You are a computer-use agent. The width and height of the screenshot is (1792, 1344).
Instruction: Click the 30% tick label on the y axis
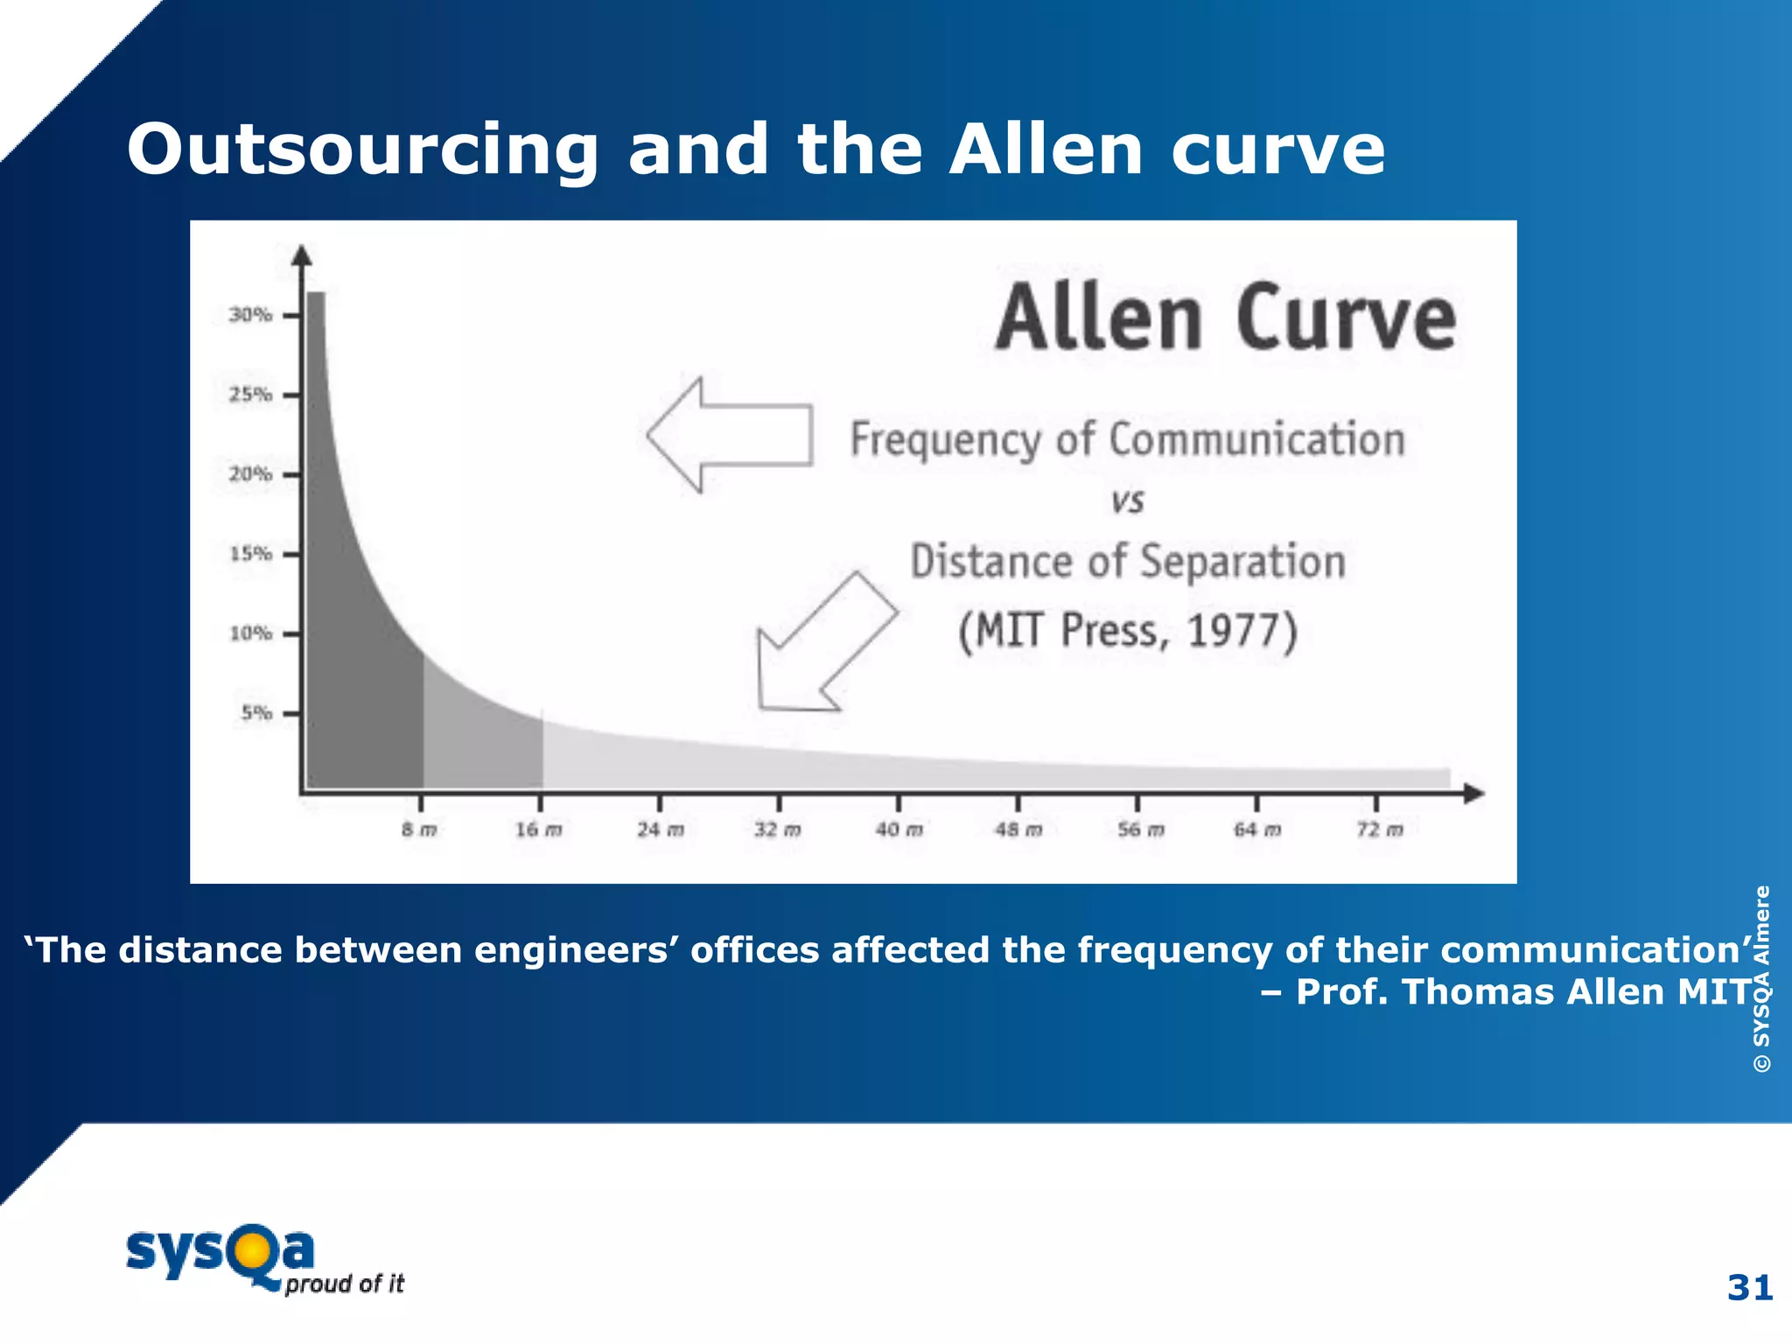pyautogui.click(x=250, y=314)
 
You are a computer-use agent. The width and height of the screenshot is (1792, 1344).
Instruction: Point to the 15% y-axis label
pyautogui.click(x=250, y=554)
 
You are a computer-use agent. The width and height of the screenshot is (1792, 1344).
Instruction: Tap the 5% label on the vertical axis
pyautogui.click(x=256, y=713)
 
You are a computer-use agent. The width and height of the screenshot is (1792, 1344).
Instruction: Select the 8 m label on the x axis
pyautogui.click(x=419, y=829)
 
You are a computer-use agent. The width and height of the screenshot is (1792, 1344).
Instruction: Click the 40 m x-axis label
pyautogui.click(x=899, y=829)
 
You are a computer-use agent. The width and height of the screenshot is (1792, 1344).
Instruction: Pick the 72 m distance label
pyautogui.click(x=1379, y=829)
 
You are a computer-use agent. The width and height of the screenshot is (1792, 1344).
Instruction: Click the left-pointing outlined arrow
pyautogui.click(x=730, y=435)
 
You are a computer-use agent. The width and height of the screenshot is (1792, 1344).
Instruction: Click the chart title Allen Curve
pyautogui.click(x=1225, y=318)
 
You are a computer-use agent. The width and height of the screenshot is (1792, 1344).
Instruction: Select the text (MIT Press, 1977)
pyautogui.click(x=1127, y=631)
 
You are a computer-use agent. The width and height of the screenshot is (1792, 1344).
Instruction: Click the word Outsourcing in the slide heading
pyautogui.click(x=363, y=150)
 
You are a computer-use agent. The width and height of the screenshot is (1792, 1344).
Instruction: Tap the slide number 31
pyautogui.click(x=1749, y=1288)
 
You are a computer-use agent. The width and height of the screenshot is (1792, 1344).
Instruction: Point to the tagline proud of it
pyautogui.click(x=345, y=1284)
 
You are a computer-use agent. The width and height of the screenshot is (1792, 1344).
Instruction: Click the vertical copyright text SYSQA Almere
pyautogui.click(x=1761, y=978)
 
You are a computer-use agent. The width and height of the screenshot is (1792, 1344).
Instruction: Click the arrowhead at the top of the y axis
pyautogui.click(x=302, y=255)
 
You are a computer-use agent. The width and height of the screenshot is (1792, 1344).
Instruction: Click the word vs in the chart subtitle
pyautogui.click(x=1127, y=501)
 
